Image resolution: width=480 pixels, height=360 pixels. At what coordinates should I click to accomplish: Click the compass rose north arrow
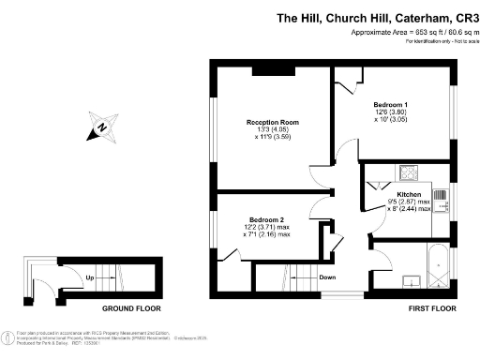(x=104, y=127)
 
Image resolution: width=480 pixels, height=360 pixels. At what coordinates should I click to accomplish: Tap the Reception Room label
(x=273, y=123)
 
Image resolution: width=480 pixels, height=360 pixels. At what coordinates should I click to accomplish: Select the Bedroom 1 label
(x=391, y=104)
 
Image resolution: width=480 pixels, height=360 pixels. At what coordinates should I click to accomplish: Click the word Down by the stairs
(x=327, y=277)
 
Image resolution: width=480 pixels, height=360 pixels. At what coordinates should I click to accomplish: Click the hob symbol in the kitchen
(x=409, y=172)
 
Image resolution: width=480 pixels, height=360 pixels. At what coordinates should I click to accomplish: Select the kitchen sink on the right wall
(x=442, y=204)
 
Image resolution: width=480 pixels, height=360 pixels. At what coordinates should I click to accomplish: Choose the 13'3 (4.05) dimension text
(x=273, y=130)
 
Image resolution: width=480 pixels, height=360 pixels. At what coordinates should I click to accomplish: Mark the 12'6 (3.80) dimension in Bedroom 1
(x=391, y=112)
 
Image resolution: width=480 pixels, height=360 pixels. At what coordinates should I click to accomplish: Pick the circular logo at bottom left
(x=8, y=335)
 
